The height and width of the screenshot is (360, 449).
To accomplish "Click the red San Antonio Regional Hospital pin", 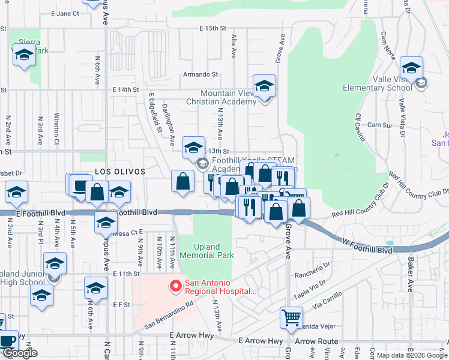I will (176, 287).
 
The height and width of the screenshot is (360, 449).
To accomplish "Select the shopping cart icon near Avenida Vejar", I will (291, 317).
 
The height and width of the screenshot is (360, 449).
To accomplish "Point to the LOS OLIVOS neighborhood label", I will (120, 172).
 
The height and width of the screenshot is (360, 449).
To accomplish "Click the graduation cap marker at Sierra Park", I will (24, 55).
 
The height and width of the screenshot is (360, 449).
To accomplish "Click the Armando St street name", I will (200, 75).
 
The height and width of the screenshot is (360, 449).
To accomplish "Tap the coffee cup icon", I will (8, 341).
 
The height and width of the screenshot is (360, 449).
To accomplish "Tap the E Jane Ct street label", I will (65, 13).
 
